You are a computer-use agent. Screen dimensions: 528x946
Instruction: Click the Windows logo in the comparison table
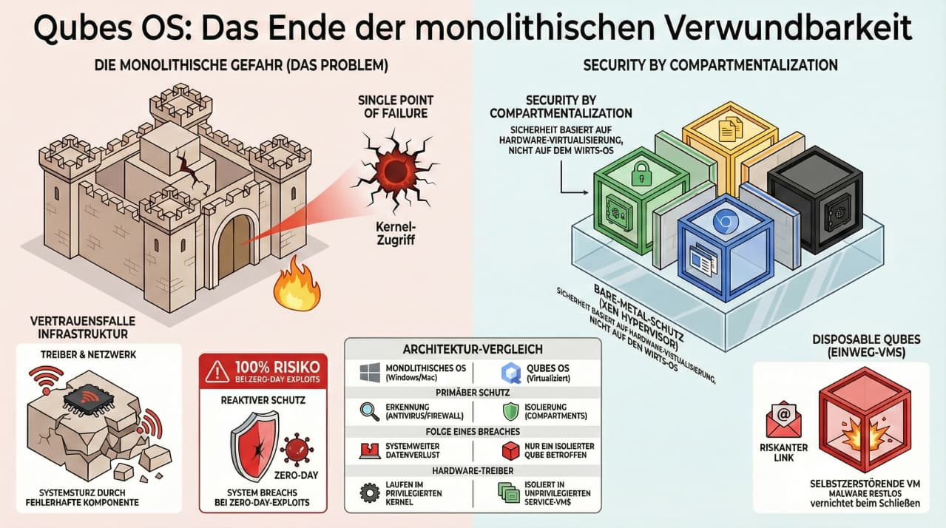(x=369, y=371)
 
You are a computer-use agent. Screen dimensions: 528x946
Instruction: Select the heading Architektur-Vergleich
(x=473, y=348)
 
